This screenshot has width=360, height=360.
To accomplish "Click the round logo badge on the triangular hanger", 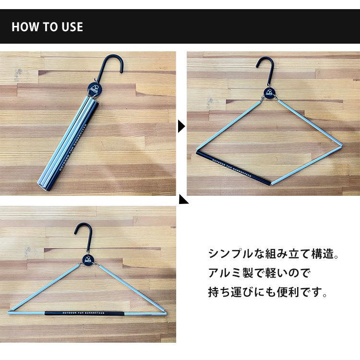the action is tap(88, 260).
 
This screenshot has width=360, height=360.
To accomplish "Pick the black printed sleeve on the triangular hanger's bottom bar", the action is tap(84, 313).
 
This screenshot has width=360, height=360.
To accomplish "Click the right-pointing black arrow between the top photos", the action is tap(181, 127).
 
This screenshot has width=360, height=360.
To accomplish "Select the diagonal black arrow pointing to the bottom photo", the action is tap(184, 200).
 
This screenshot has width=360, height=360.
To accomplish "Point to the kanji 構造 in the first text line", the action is tap(322, 254).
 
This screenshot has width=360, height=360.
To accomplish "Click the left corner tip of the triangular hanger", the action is tap(9, 312).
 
